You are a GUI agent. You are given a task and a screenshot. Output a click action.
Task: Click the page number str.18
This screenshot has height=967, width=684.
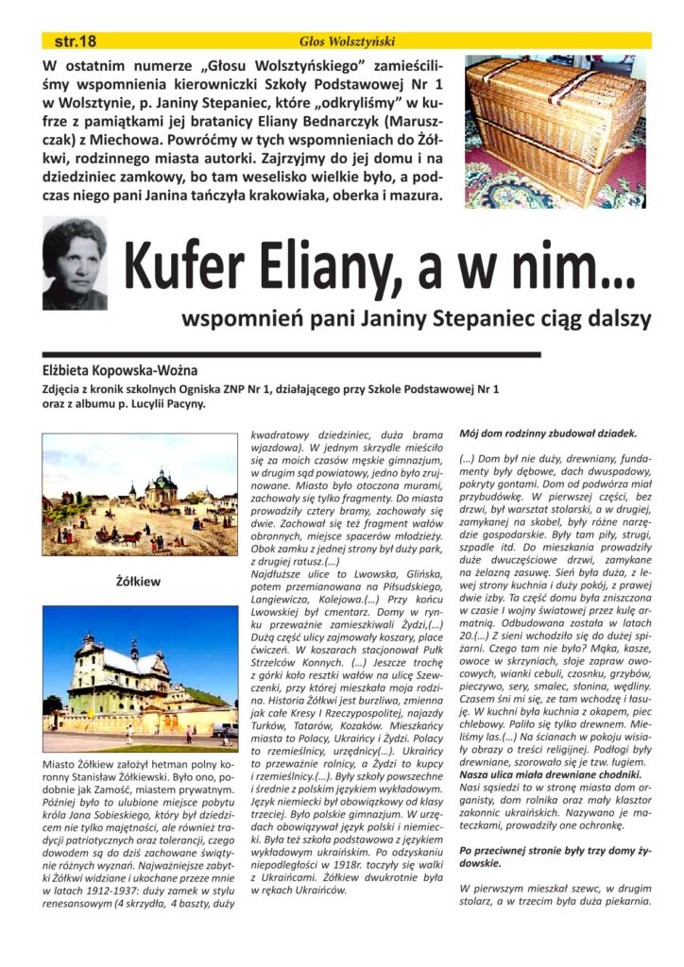point(76,41)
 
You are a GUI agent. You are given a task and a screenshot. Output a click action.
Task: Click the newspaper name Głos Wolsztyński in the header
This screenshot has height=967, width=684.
point(347,41)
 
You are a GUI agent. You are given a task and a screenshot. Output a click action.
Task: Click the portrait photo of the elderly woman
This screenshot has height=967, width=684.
point(75,263)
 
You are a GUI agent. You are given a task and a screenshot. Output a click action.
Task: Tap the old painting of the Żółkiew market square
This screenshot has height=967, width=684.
point(140,493)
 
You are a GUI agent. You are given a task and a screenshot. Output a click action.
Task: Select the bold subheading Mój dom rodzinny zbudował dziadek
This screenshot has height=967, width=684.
point(548,433)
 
